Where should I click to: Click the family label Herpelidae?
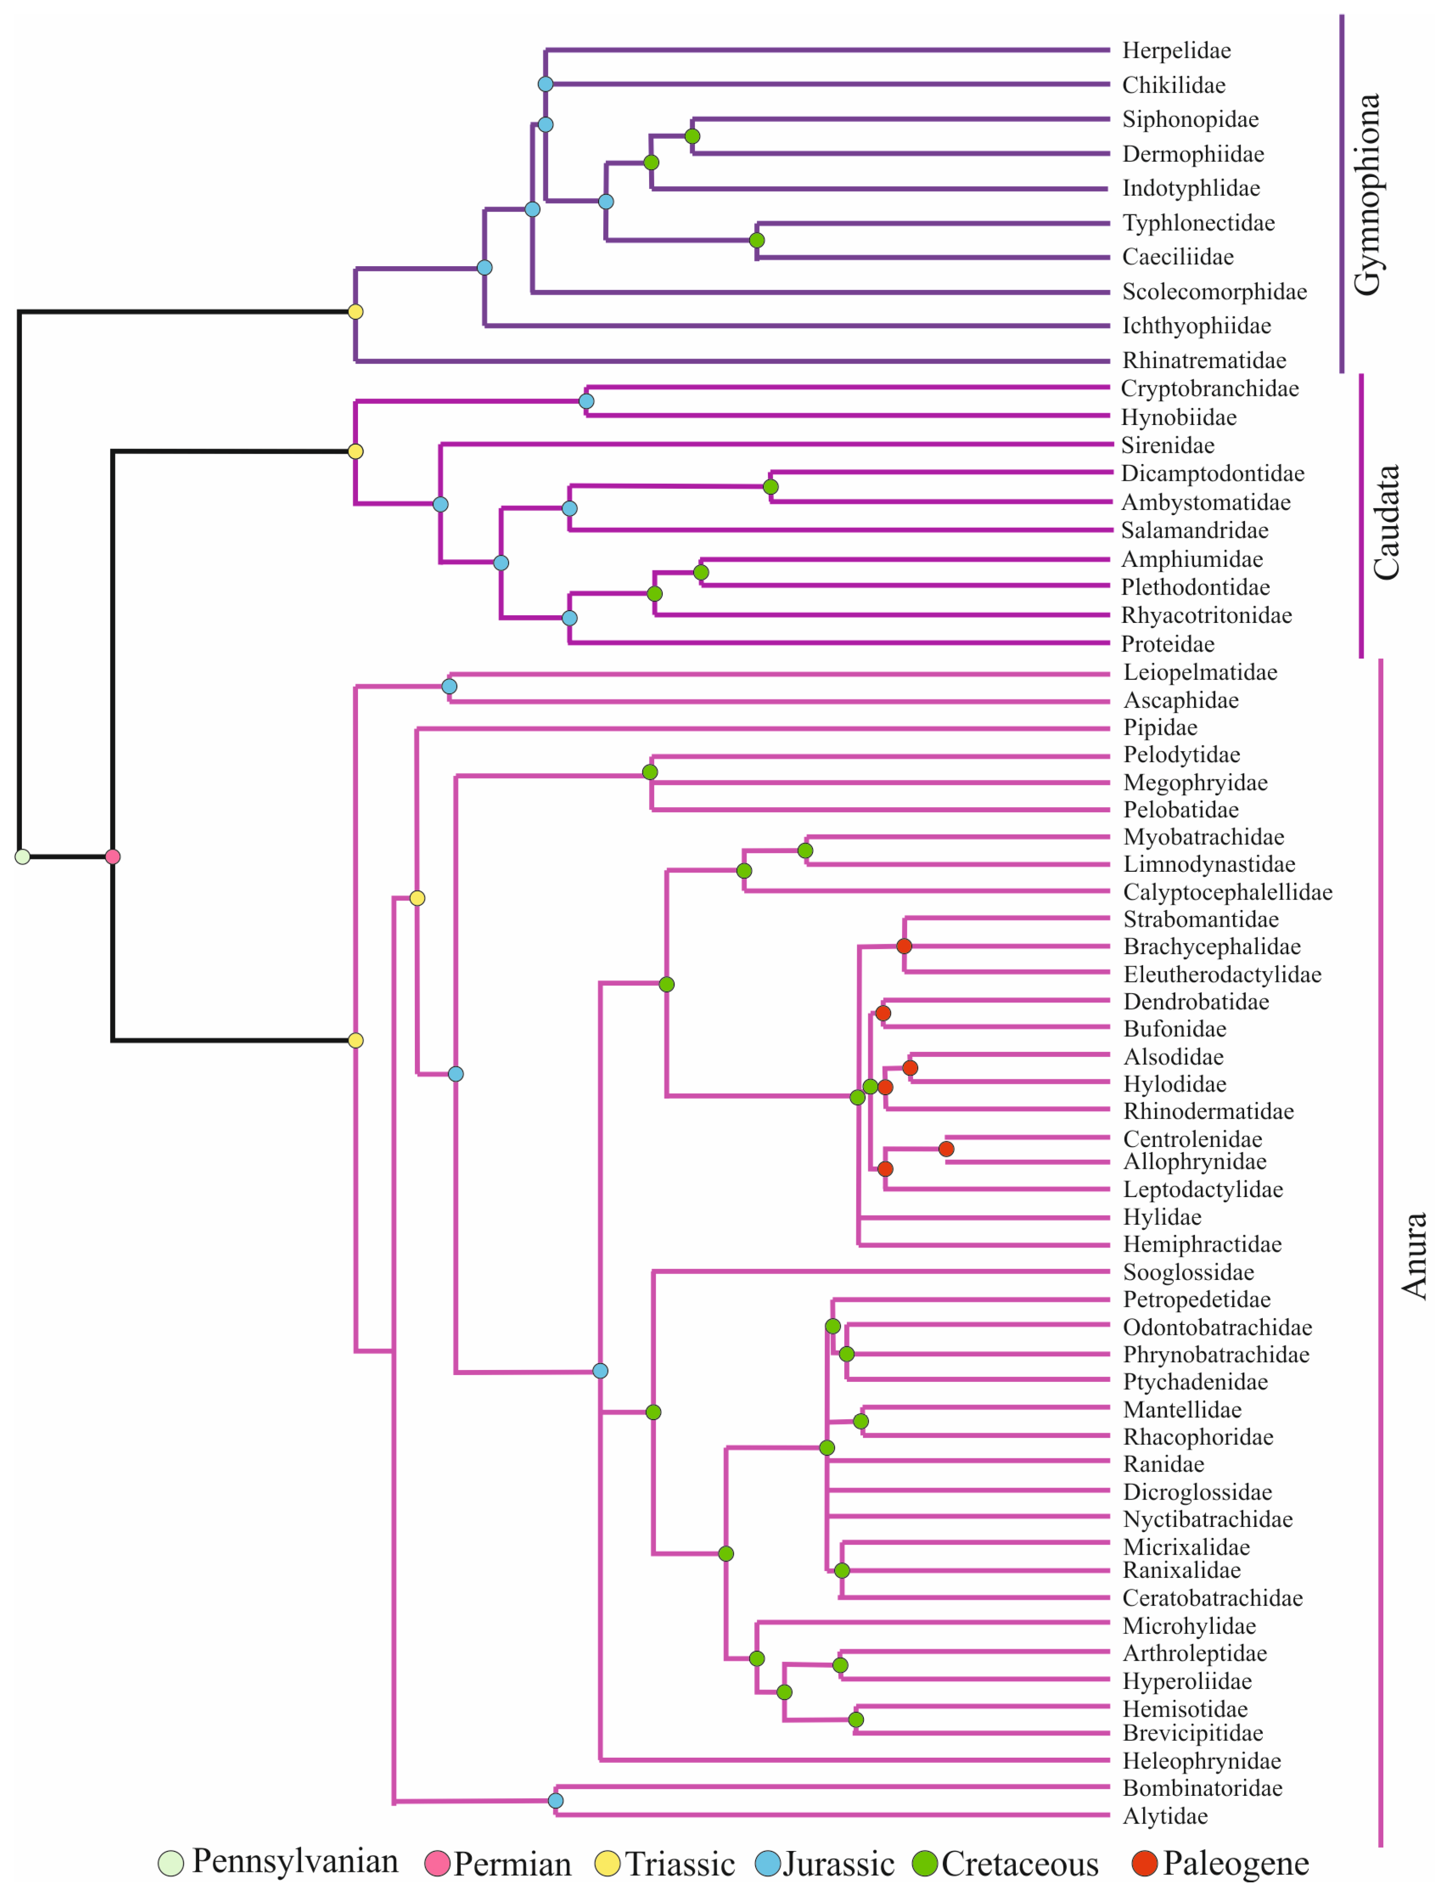tap(1175, 51)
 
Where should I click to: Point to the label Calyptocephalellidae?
tap(1227, 892)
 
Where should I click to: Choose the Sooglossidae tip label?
tap(1188, 1272)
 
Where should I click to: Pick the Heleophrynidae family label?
tap(1201, 1761)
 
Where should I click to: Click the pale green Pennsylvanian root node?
tap(22, 857)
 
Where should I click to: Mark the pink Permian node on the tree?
tap(112, 857)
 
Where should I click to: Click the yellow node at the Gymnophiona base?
tap(355, 312)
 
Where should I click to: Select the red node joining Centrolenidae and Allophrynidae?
tap(946, 1149)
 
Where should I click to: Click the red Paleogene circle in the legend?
tap(1144, 1863)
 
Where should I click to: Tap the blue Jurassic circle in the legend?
tap(767, 1863)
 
